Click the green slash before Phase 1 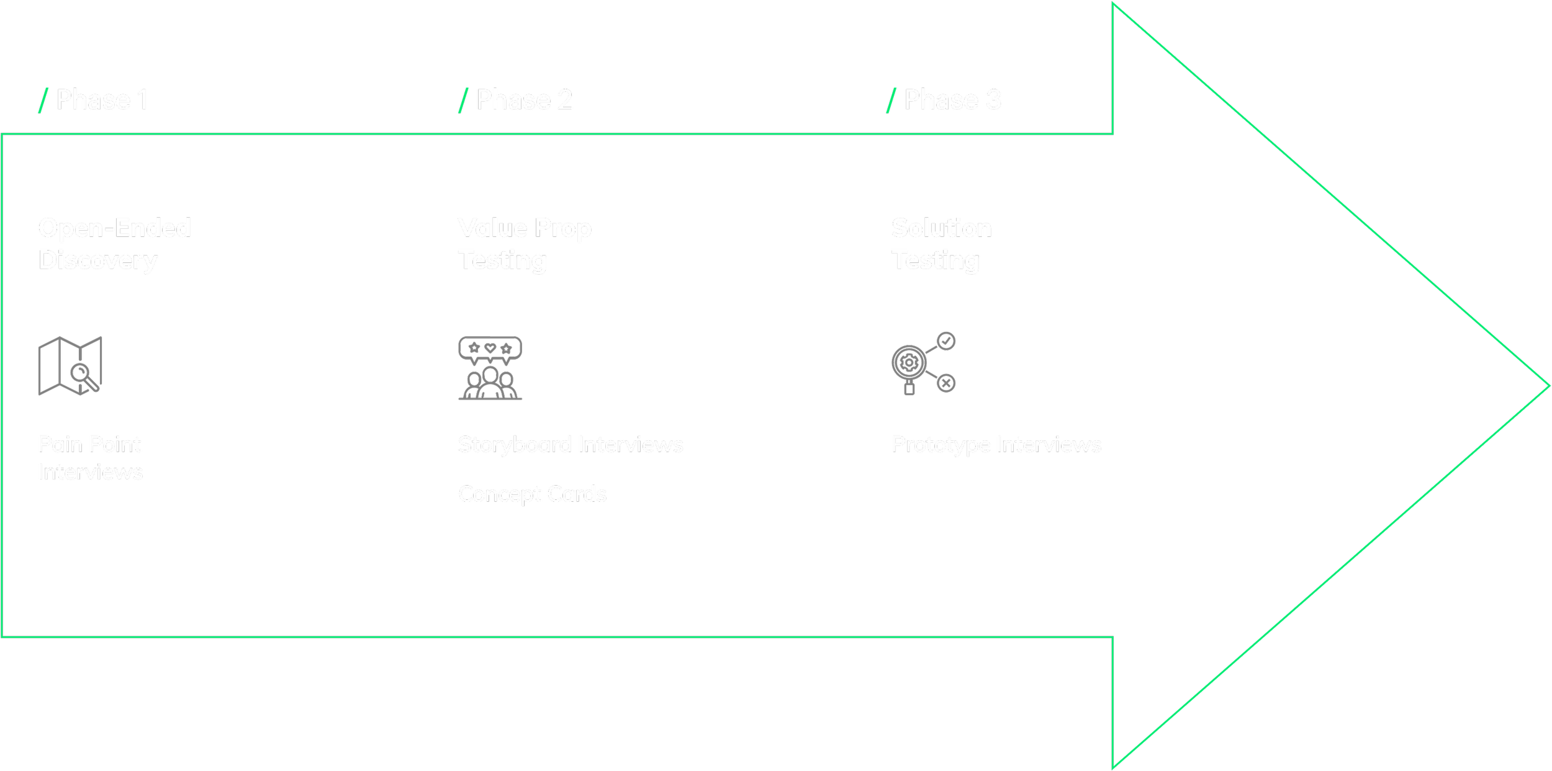pyautogui.click(x=43, y=100)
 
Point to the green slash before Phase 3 pyautogui.click(x=891, y=100)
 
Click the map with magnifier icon pyautogui.click(x=70, y=366)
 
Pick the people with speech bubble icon pyautogui.click(x=490, y=368)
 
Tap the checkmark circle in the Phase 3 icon pyautogui.click(x=946, y=341)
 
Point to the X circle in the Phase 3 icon pyautogui.click(x=946, y=383)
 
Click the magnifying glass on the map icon pyautogui.click(x=82, y=374)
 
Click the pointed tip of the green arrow pyautogui.click(x=1548, y=386)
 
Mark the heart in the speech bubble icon pyautogui.click(x=490, y=348)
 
